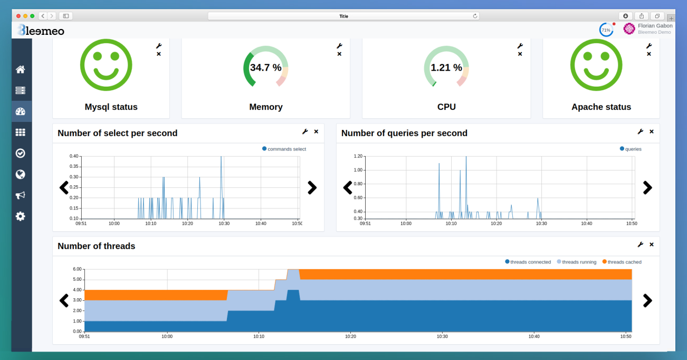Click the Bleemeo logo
point(41,31)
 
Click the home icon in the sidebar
point(21,70)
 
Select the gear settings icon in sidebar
point(21,216)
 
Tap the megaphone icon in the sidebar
point(21,195)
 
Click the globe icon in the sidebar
point(21,174)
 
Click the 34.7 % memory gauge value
point(265,68)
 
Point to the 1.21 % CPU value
point(446,68)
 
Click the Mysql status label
point(111,107)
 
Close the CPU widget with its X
point(520,54)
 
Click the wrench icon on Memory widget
point(339,46)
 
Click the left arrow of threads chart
point(64,300)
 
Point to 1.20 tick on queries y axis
point(358,156)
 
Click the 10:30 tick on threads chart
point(442,336)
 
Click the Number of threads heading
point(96,246)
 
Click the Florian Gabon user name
point(655,25)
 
